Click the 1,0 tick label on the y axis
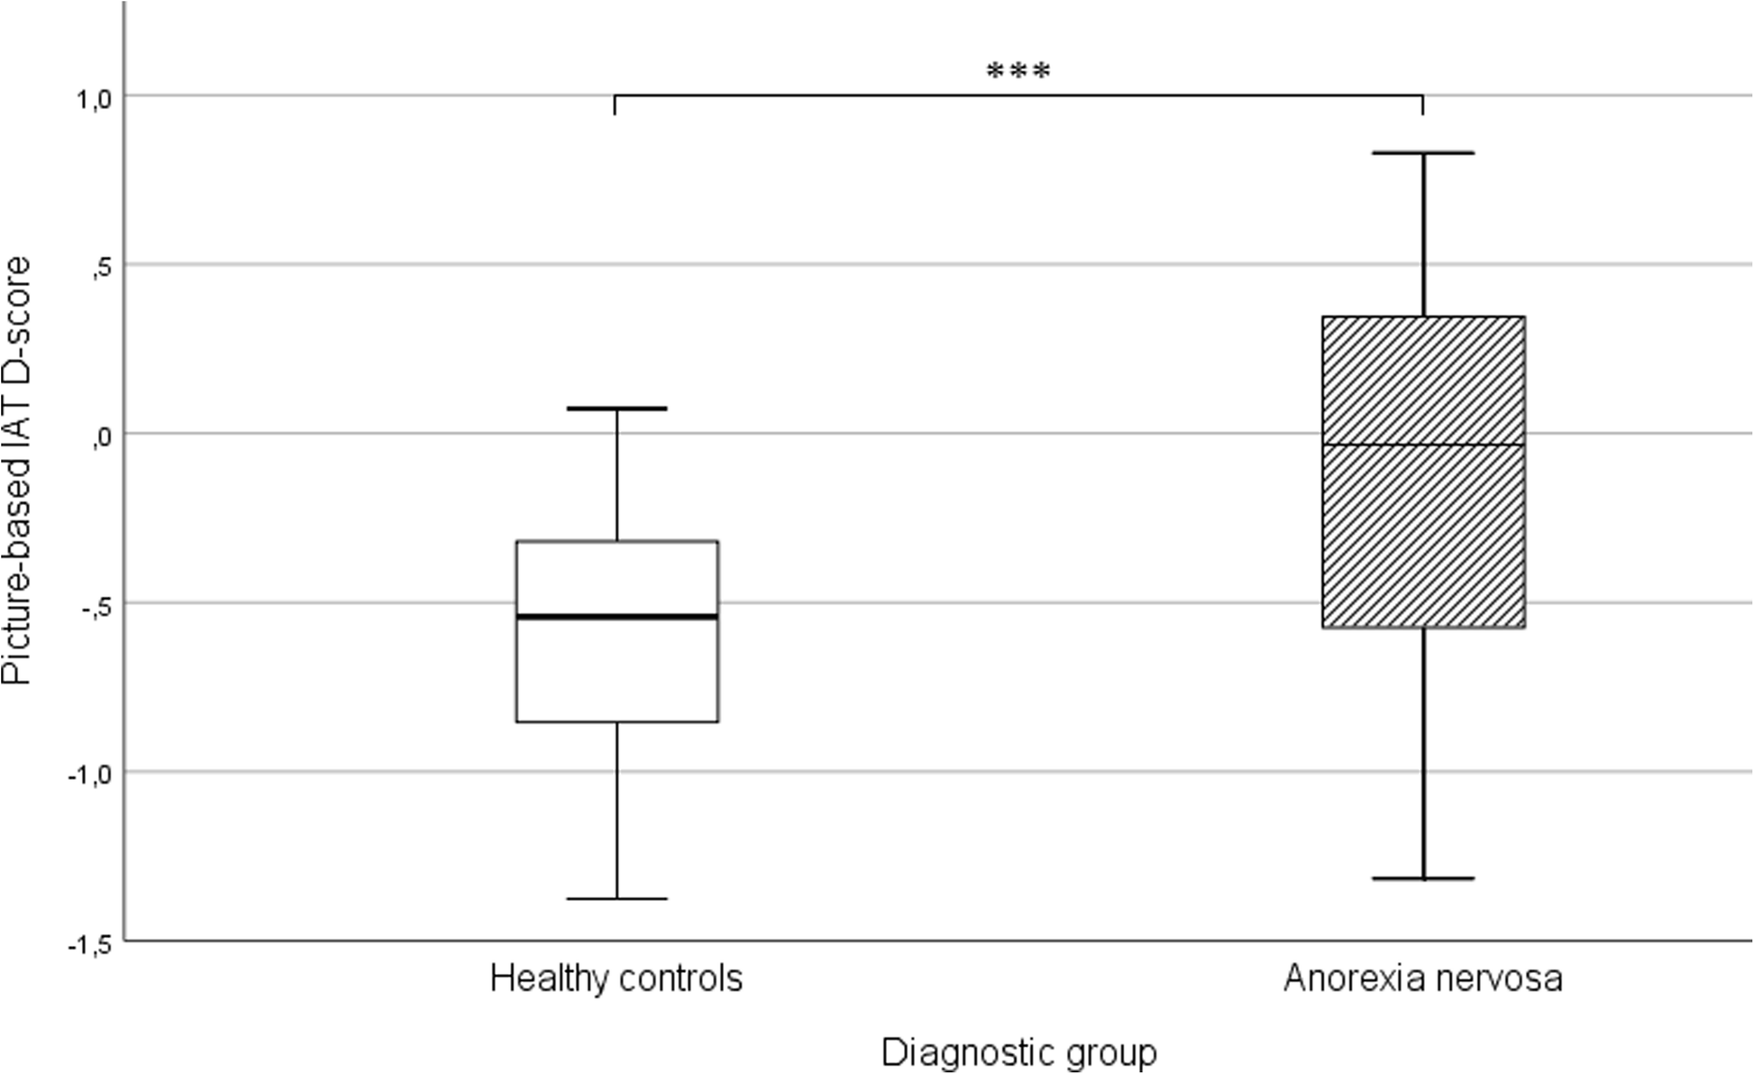92,99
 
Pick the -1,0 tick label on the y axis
88,776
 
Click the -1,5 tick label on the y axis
88,944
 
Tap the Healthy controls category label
617,978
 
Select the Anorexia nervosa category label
1422,978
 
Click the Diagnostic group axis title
1019,1052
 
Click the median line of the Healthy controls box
617,617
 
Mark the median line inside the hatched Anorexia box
1422,445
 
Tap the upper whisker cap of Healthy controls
617,408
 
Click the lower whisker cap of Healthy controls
617,898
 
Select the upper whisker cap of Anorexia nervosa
1422,153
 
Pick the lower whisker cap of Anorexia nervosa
1422,877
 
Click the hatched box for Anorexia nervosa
1422,541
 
